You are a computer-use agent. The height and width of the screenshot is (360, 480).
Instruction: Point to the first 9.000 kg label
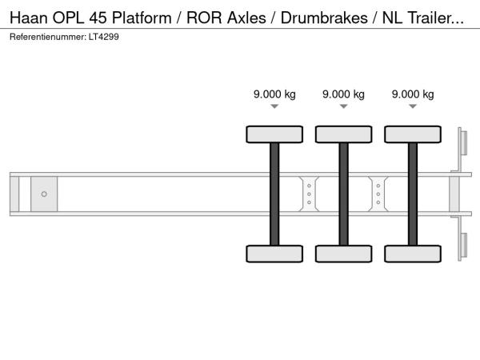click(x=274, y=94)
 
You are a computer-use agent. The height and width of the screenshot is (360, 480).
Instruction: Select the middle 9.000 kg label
click(x=343, y=94)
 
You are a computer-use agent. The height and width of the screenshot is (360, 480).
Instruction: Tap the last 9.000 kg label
click(x=413, y=94)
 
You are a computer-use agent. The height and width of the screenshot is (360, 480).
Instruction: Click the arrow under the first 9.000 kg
click(x=274, y=106)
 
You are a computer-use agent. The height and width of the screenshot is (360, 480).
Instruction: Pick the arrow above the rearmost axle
click(x=413, y=106)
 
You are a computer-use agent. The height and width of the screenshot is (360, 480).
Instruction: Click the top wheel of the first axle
click(x=274, y=134)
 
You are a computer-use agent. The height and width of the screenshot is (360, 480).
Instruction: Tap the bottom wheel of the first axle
click(x=274, y=254)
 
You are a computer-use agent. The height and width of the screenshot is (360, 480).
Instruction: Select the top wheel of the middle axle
click(x=343, y=134)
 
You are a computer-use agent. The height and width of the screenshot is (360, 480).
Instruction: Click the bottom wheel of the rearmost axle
click(x=413, y=254)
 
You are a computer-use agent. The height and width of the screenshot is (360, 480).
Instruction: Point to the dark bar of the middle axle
click(x=343, y=194)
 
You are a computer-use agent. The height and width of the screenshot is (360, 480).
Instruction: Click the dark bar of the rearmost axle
click(x=413, y=194)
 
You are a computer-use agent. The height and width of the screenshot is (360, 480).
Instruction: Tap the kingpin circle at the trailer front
click(x=44, y=194)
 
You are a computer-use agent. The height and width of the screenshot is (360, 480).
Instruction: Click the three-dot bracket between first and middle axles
click(x=309, y=194)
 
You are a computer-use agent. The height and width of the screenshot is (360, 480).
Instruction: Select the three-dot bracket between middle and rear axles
click(x=378, y=194)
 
